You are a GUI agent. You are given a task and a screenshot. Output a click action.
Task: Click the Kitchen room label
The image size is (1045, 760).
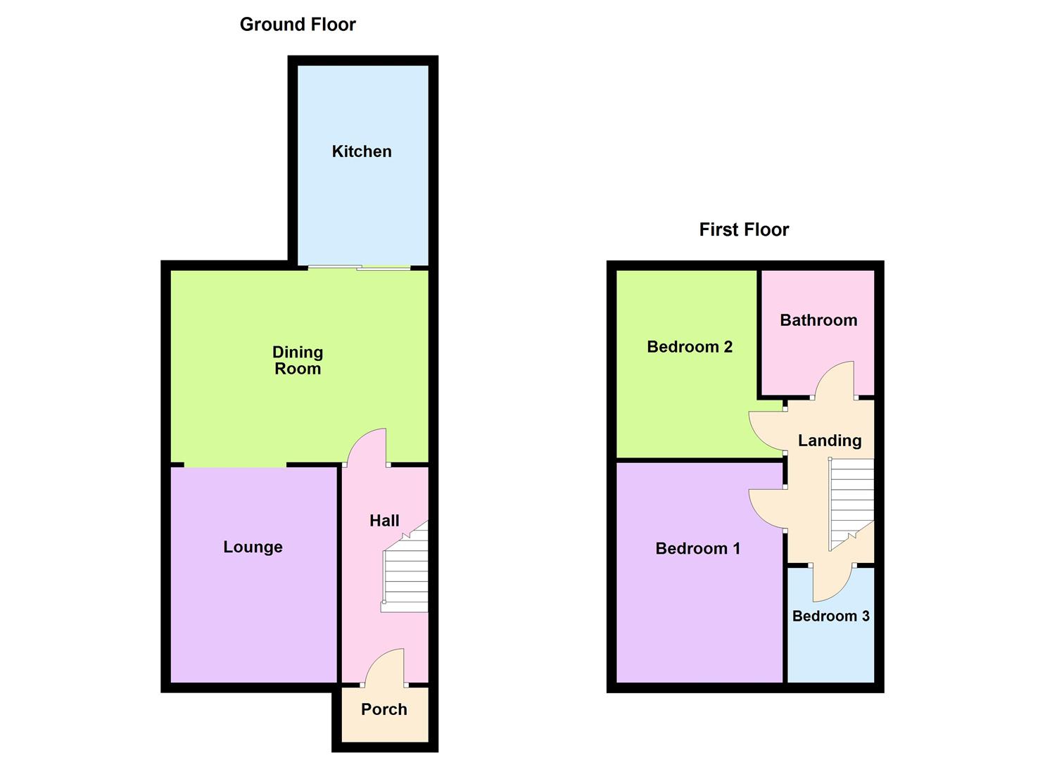(361, 151)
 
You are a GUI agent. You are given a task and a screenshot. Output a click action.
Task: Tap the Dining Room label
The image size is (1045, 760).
(298, 360)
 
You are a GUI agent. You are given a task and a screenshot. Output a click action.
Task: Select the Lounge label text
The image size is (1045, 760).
(253, 547)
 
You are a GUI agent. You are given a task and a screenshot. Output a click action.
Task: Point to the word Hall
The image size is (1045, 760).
(384, 521)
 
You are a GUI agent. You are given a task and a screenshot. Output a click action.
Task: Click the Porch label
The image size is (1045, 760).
(384, 709)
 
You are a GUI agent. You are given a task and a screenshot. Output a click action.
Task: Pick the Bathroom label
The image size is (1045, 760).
(818, 320)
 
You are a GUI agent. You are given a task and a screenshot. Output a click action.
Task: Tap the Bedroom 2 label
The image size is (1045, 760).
(690, 346)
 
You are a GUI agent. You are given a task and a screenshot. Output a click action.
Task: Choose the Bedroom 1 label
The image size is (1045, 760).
(697, 548)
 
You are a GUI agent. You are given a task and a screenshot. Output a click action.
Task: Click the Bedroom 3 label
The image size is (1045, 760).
(830, 616)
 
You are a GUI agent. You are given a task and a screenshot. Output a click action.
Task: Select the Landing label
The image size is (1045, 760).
(830, 441)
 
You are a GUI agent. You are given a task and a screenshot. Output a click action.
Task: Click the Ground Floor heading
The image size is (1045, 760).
(298, 25)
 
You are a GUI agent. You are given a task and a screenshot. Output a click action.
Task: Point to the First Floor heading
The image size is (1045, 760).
(744, 229)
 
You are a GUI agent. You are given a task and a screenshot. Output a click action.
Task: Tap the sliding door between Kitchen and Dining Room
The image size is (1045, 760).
(359, 267)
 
